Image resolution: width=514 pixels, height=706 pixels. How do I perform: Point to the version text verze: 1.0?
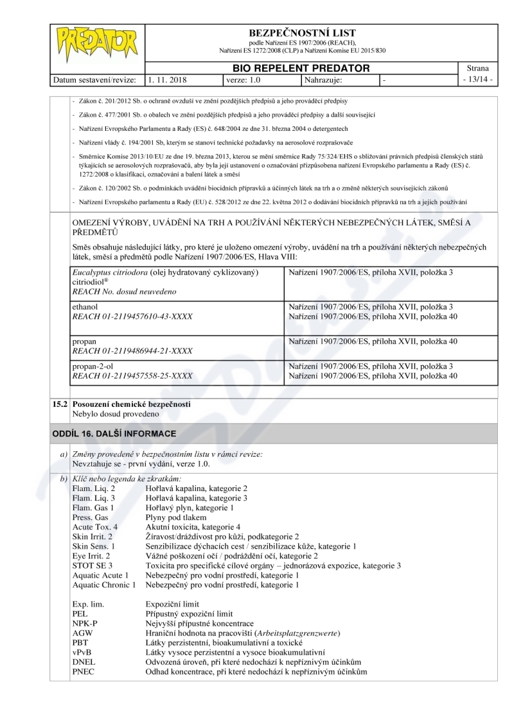pyautogui.click(x=244, y=80)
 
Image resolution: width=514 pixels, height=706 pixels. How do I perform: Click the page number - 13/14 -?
pyautogui.click(x=479, y=80)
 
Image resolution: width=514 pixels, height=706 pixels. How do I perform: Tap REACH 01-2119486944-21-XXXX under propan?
pyautogui.click(x=132, y=351)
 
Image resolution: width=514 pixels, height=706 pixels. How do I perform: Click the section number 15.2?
pyautogui.click(x=60, y=404)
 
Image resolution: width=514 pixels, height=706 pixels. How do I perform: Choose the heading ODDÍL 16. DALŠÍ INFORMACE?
pyautogui.click(x=114, y=434)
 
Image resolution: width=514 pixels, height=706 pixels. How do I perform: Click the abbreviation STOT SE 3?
pyautogui.click(x=93, y=565)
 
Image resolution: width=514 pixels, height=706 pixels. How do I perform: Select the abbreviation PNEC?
pyautogui.click(x=84, y=671)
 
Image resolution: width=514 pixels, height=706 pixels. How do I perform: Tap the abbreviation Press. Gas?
pyautogui.click(x=90, y=517)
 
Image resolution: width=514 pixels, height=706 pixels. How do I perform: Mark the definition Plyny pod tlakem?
pyautogui.click(x=176, y=517)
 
